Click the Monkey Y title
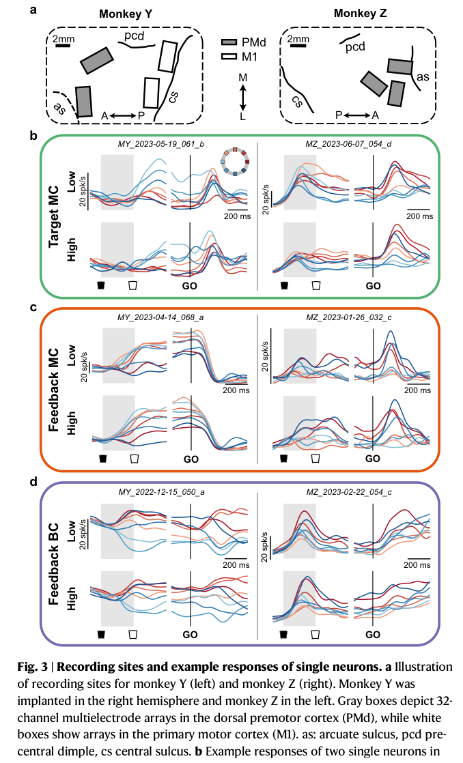pyautogui.click(x=126, y=14)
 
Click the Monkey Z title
pyautogui.click(x=361, y=13)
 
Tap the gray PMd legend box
pyautogui.click(x=229, y=42)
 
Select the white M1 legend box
pyautogui.click(x=229, y=57)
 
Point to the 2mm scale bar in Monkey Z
pyautogui.click(x=298, y=46)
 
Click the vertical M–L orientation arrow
pyautogui.click(x=243, y=98)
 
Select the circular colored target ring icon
pyautogui.click(x=236, y=162)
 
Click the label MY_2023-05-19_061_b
pyautogui.click(x=160, y=144)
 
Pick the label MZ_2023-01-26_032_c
pyautogui.click(x=348, y=317)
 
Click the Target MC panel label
pyautogui.click(x=53, y=216)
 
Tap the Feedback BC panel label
pyautogui.click(x=53, y=564)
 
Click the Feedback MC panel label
pyautogui.click(x=53, y=390)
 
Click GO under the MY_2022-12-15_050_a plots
pyautogui.click(x=190, y=635)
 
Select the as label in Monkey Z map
pyautogui.click(x=423, y=76)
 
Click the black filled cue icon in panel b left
pyautogui.click(x=101, y=285)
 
